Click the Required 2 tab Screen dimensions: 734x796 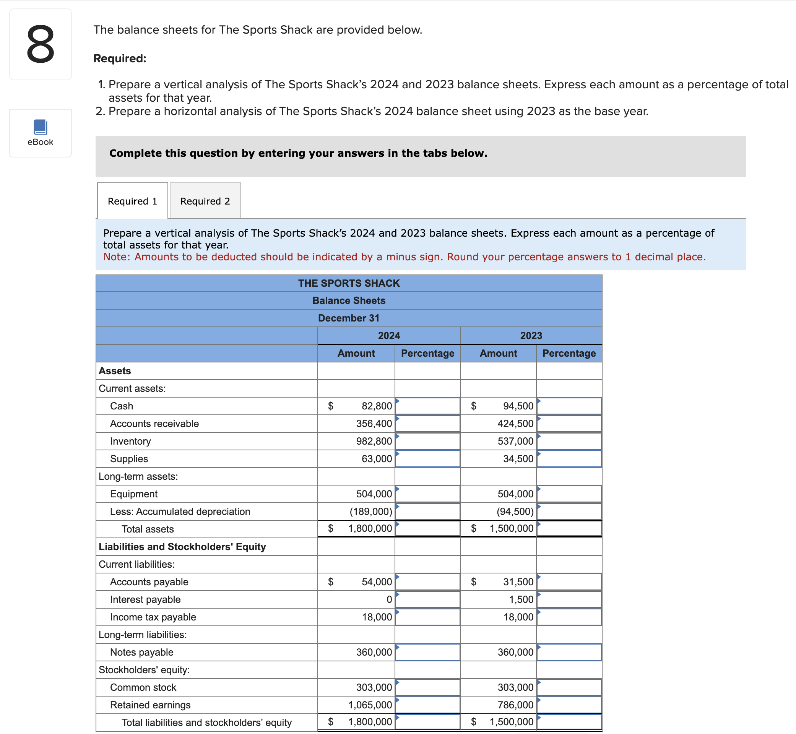coord(205,201)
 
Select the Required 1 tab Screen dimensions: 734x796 coord(132,201)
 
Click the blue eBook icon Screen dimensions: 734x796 coord(41,127)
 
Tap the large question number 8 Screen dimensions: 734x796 coord(41,44)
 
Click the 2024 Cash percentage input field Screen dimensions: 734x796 coord(428,406)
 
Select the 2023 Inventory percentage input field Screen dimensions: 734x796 coord(569,441)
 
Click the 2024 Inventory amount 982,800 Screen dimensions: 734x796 coord(374,441)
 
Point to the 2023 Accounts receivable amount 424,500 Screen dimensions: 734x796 coord(515,424)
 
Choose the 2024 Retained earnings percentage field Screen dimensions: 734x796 coord(428,705)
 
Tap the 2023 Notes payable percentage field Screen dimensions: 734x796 coord(569,652)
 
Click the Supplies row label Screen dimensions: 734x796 coord(129,459)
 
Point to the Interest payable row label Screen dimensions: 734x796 coord(145,599)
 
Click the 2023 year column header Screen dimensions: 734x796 coord(531,336)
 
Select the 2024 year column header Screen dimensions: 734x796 coord(389,336)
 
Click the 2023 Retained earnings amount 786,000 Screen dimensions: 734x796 coord(515,705)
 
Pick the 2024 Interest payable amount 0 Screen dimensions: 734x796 coord(389,599)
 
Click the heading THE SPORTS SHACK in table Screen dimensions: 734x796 coord(349,283)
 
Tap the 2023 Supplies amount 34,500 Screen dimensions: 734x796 coord(518,459)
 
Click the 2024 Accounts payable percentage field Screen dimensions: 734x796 coord(428,582)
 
